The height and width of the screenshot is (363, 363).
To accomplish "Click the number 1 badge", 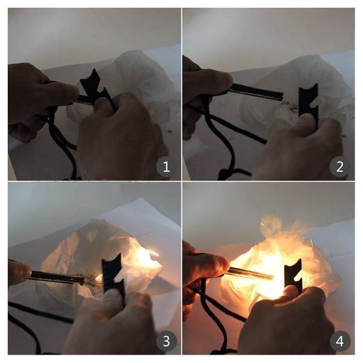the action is (x=166, y=167).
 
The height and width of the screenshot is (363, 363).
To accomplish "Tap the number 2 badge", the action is (x=339, y=167).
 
